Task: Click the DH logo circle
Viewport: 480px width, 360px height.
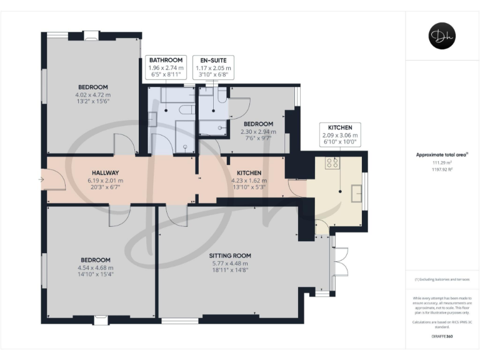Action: (x=442, y=35)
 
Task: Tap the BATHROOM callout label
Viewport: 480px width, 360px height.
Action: (x=166, y=60)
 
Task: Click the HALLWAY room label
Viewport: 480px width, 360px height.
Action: (x=106, y=172)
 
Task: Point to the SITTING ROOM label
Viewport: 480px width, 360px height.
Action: (x=230, y=256)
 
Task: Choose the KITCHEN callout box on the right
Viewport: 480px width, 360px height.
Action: (x=339, y=134)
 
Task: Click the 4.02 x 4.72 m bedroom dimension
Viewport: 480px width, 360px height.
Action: (x=93, y=95)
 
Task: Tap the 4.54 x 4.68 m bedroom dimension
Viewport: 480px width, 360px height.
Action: (x=96, y=268)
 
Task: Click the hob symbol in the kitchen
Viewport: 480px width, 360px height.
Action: (x=332, y=164)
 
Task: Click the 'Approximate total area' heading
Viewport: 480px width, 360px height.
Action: (x=441, y=154)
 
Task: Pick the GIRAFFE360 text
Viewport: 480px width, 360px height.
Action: (x=442, y=336)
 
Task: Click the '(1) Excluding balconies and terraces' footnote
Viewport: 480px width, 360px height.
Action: (x=442, y=279)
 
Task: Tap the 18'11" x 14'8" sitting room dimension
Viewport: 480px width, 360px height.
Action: (x=230, y=271)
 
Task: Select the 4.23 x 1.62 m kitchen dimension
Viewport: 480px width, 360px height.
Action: (x=249, y=180)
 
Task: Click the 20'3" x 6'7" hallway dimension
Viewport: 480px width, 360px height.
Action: (x=106, y=187)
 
